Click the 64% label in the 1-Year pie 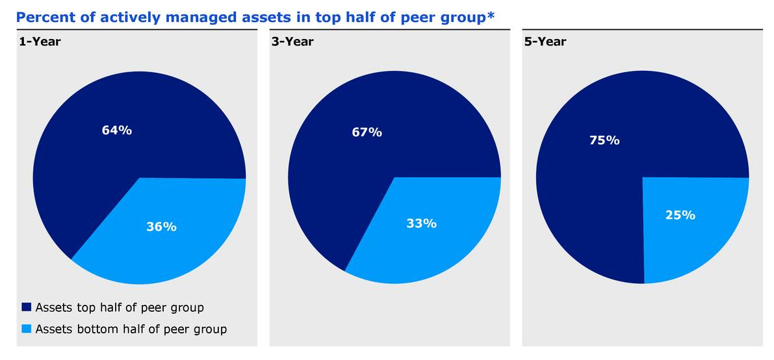(117, 130)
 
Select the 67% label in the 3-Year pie (367, 133)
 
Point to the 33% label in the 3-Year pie (421, 224)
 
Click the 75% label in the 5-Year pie (604, 140)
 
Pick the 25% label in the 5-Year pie (680, 215)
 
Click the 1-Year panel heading (40, 42)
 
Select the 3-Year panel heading (292, 42)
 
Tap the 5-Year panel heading (545, 42)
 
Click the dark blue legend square (27, 307)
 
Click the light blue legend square (27, 329)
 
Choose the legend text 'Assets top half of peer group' (120, 307)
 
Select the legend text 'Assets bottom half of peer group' (131, 329)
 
